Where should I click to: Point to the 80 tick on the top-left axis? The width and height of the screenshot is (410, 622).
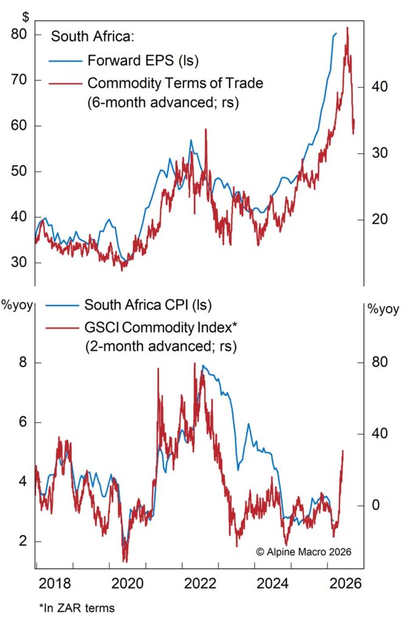[19, 35]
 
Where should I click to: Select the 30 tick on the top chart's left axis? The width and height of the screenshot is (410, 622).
[19, 263]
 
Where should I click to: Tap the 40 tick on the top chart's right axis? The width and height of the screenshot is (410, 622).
[380, 87]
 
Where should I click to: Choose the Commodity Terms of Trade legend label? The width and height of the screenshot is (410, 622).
[176, 83]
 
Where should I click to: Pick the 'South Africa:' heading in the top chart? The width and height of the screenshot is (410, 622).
[91, 36]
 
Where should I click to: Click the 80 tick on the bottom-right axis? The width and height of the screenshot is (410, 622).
[380, 363]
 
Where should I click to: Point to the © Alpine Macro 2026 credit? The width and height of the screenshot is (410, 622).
[304, 552]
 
